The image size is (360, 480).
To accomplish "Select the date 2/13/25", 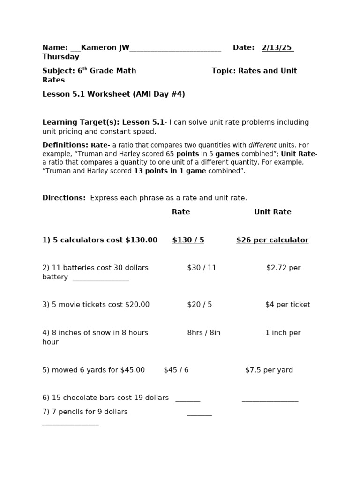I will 277,47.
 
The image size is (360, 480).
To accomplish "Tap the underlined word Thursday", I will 60,57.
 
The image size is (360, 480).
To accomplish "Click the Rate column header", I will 180,212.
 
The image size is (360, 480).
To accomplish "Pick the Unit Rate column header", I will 272,212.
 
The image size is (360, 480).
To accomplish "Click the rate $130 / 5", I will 188,240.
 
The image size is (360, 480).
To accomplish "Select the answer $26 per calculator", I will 272,240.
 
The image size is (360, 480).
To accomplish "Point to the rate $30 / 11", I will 202,268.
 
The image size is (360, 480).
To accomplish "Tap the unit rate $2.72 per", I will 283,268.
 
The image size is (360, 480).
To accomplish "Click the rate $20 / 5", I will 199,305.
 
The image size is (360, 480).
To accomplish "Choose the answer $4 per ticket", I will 287,305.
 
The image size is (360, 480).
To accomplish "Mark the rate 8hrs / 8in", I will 203,333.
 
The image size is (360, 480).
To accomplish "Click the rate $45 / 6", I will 176,370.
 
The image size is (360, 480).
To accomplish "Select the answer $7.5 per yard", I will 269,370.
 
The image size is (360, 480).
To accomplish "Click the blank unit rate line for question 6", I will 270,401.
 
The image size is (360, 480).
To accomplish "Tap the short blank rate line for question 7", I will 199,415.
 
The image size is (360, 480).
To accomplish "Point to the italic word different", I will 262,145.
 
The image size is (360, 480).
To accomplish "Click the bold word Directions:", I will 64,198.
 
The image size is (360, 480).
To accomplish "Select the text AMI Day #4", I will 159,94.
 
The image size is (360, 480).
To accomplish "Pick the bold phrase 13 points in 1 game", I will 170,171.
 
